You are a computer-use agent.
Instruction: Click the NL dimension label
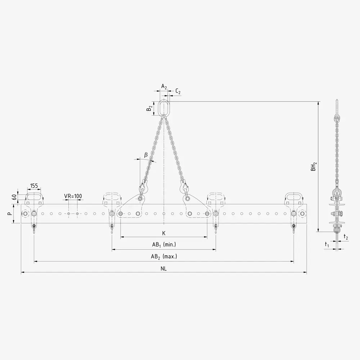point(164,269)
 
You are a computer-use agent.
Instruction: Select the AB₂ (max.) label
point(164,257)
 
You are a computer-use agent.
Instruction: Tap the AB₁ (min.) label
point(164,245)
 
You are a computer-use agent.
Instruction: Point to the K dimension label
point(164,233)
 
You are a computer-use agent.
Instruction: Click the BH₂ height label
point(314,166)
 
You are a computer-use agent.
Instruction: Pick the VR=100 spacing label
point(73,196)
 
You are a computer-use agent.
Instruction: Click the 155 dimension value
point(34,185)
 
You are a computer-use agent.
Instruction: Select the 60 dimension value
point(14,197)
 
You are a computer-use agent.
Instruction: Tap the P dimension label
point(9,213)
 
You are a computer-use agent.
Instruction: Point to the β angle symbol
point(146,155)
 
